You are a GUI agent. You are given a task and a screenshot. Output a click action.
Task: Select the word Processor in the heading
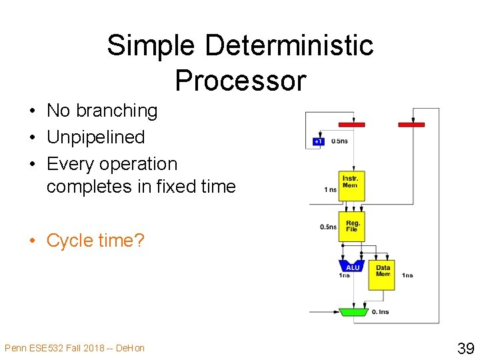coord(240,81)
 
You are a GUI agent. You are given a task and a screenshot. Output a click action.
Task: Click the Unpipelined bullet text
coord(95,137)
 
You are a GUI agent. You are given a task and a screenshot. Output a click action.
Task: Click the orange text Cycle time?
coord(95,240)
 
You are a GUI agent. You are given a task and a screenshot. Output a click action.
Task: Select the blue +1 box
coord(318,141)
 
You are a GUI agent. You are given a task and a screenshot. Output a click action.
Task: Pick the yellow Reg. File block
coord(351,227)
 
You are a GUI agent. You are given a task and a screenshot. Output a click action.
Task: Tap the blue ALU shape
coord(353,267)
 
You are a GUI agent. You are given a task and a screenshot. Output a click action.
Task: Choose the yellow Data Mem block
coord(383,273)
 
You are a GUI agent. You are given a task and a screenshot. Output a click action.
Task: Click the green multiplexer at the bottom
coord(353,311)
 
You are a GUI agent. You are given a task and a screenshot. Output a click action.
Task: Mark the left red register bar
coord(351,124)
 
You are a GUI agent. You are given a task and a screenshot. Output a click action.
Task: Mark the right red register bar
coord(411,124)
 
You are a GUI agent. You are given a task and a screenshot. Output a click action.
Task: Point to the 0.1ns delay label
coord(380,312)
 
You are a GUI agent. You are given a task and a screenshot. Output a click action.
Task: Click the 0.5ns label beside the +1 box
coord(339,141)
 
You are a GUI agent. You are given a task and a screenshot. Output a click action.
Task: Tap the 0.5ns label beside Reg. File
coord(328,227)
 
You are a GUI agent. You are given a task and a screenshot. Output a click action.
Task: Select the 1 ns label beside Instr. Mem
coord(330,189)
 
